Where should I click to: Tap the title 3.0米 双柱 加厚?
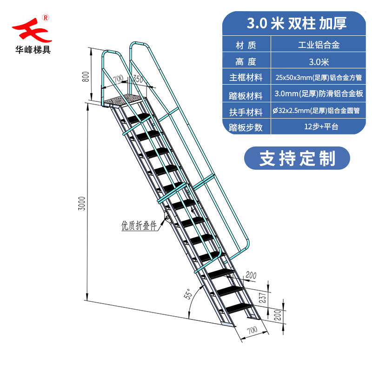pos(297,23)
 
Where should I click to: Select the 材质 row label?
pos(246,46)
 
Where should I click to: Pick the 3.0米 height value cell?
pos(319,61)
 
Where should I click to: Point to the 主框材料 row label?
pos(246,77)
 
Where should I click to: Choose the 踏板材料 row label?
pos(246,94)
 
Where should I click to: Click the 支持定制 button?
pos(297,158)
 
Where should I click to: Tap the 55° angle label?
pos(187,294)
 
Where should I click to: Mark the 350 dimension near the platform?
pos(138,79)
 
